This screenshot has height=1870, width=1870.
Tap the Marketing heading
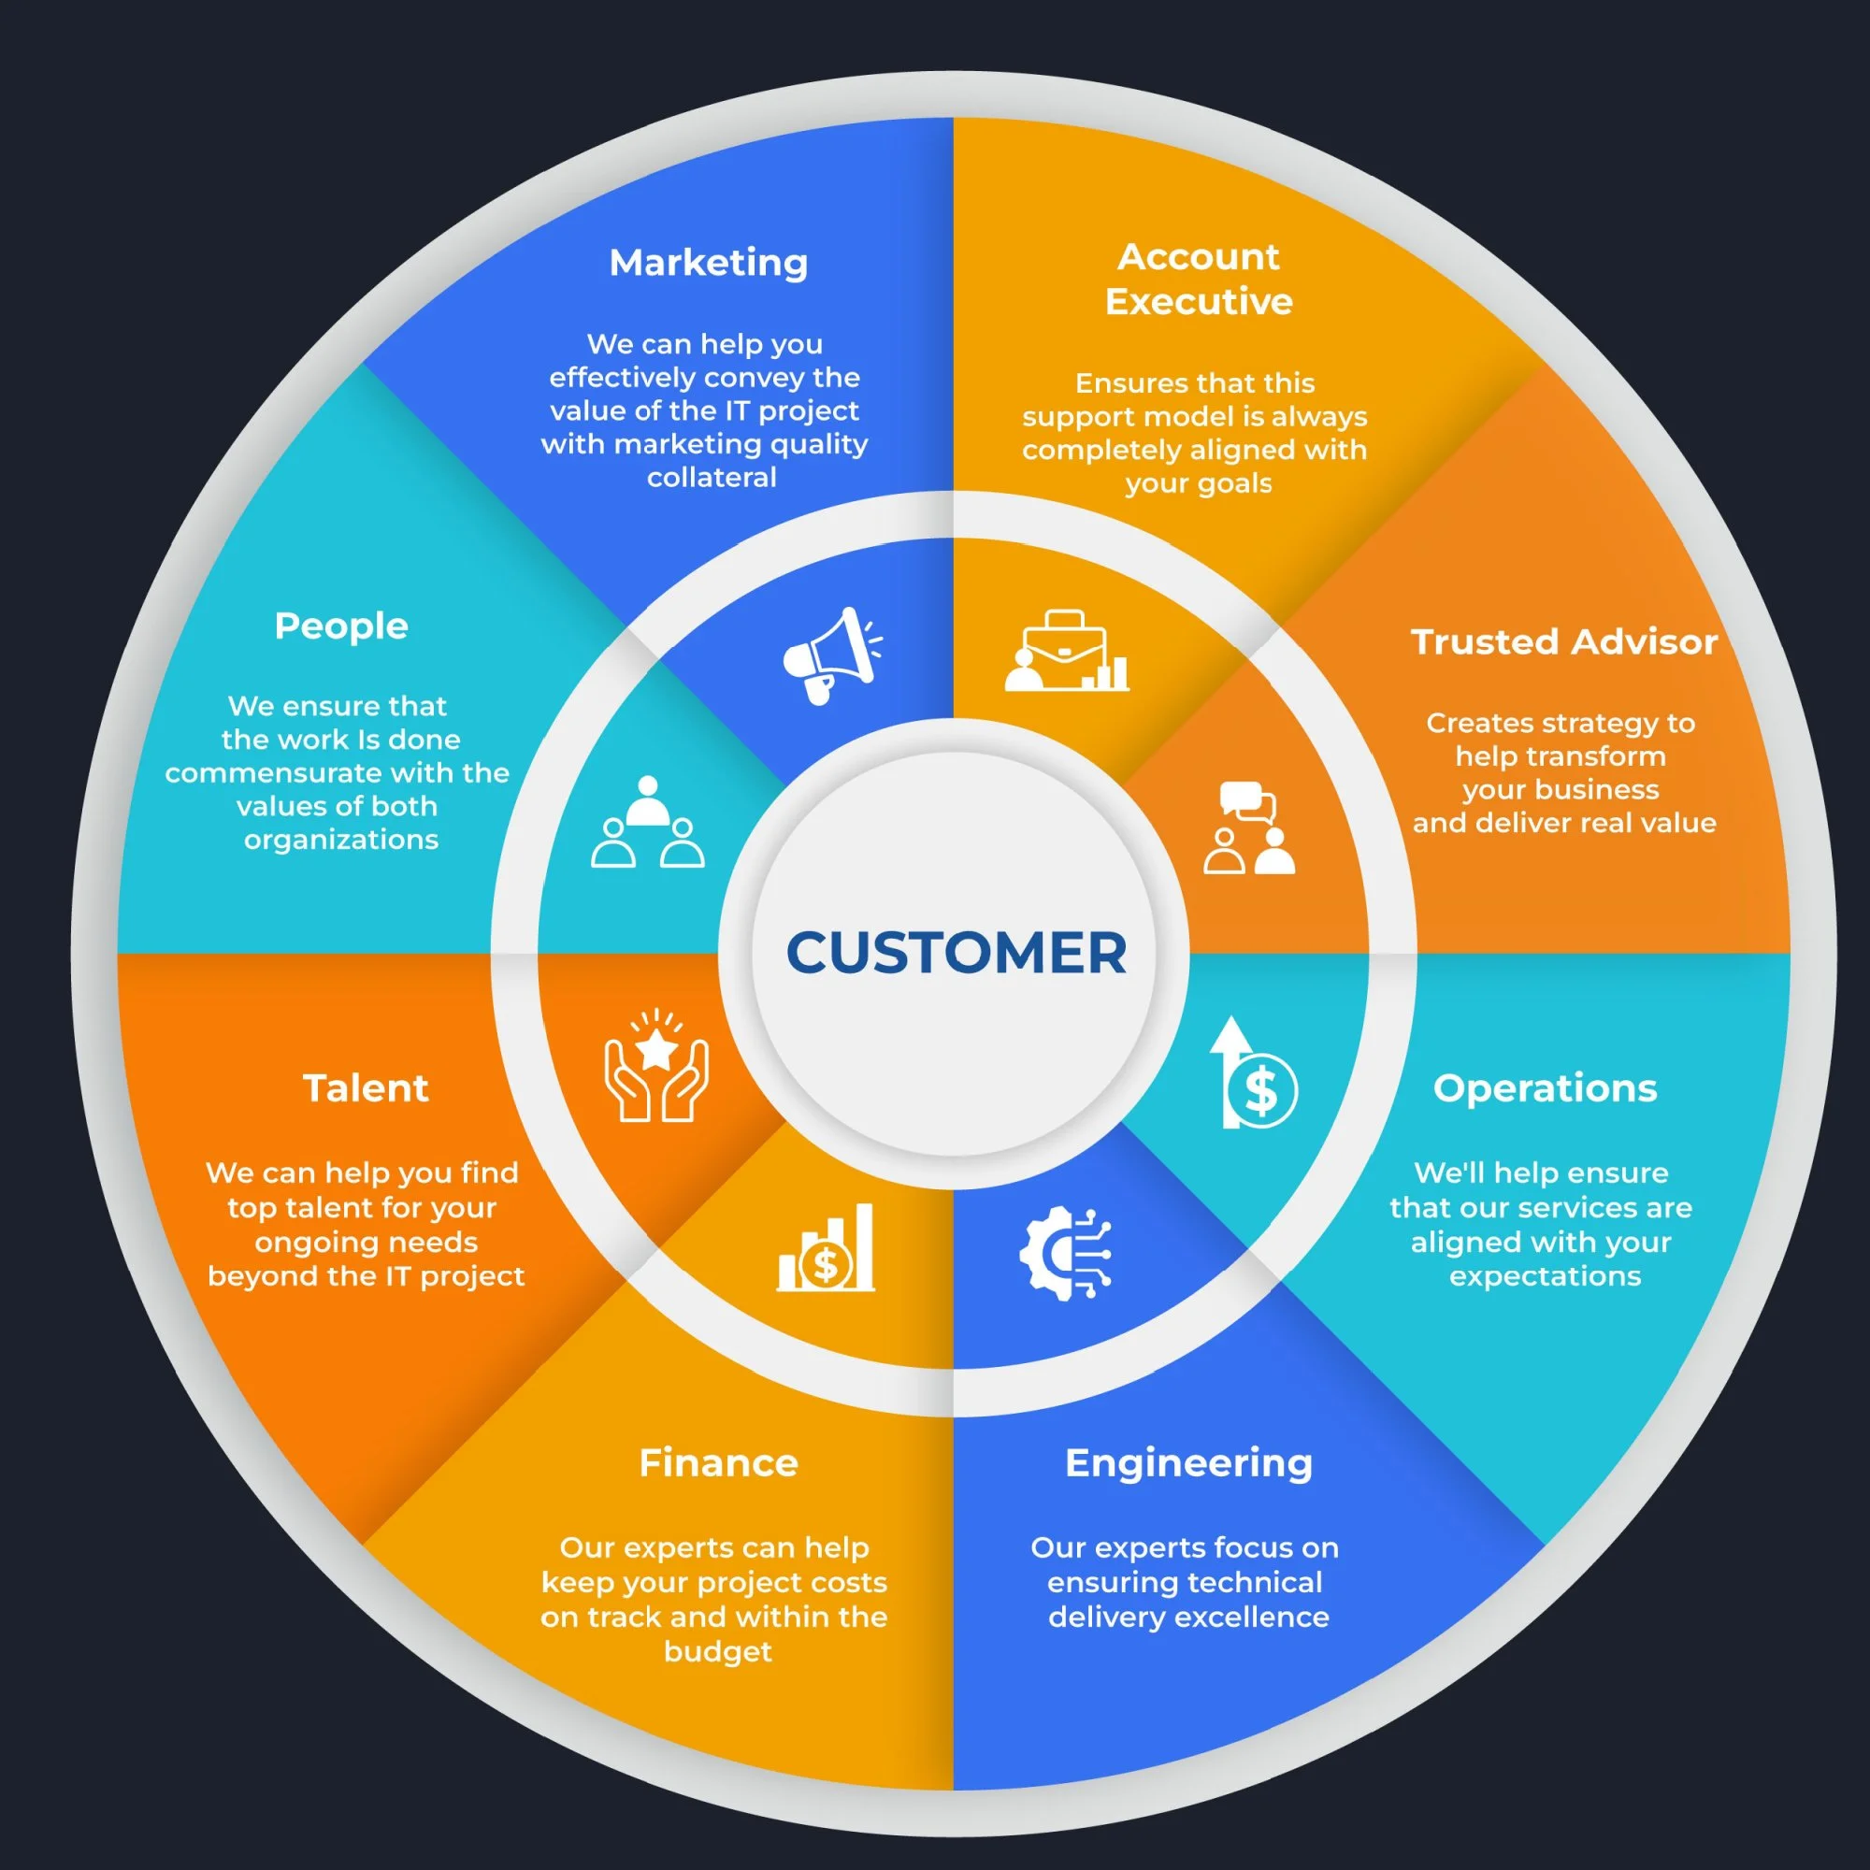point(709,263)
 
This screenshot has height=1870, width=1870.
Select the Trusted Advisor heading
point(1564,641)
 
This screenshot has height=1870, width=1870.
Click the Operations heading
point(1545,1088)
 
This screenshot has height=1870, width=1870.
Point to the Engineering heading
point(1188,1462)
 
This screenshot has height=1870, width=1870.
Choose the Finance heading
point(718,1462)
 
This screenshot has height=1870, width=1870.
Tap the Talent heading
point(366,1088)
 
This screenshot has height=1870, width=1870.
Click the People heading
point(340,626)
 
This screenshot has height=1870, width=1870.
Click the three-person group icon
point(648,822)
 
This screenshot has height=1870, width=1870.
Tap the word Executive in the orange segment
point(1199,302)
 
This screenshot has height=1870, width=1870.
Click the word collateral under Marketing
point(712,478)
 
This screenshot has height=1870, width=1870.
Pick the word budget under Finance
point(717,1651)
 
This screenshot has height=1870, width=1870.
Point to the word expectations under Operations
point(1545,1275)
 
